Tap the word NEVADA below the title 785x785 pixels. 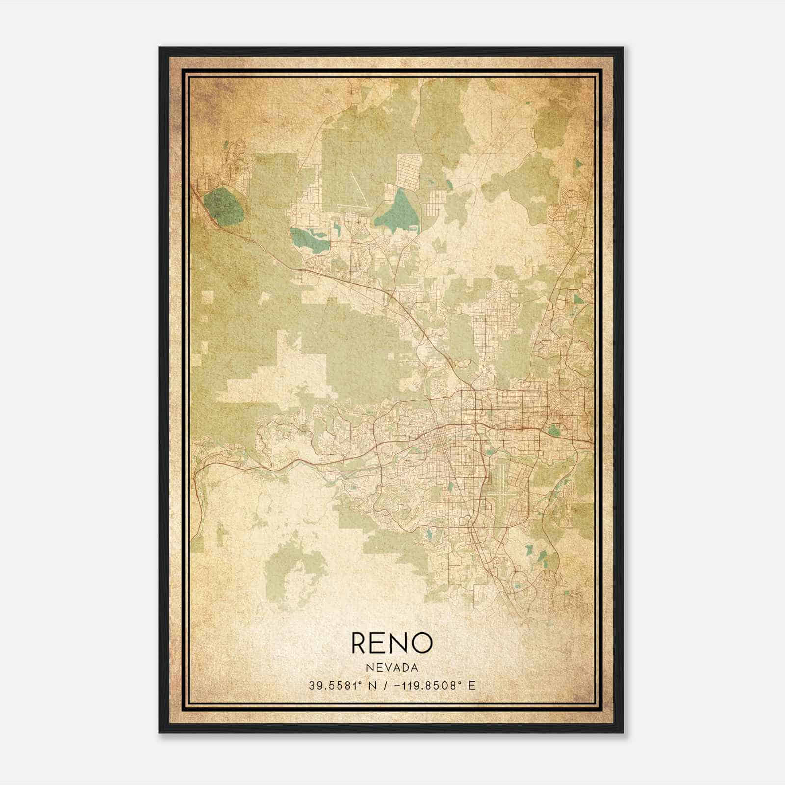(392, 668)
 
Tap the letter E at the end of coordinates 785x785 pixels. (471, 686)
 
